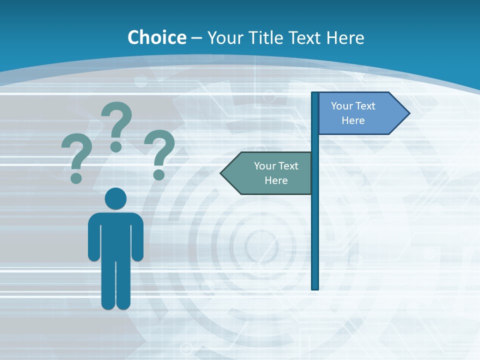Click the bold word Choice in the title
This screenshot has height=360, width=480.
[156, 37]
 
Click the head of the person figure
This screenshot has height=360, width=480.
[115, 198]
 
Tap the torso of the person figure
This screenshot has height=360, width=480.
[115, 235]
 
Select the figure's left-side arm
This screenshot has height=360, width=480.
[93, 237]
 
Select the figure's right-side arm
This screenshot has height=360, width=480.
[137, 237]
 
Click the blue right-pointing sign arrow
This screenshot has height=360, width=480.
[360, 113]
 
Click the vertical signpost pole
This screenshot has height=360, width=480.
[315, 225]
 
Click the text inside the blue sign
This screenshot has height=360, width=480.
[353, 113]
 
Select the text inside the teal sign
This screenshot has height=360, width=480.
[276, 173]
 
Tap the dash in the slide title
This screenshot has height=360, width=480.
[196, 38]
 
